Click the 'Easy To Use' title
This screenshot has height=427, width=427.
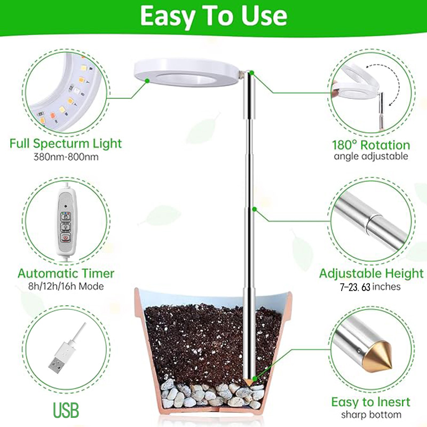click(x=213, y=17)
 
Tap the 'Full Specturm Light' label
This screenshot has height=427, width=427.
click(x=66, y=144)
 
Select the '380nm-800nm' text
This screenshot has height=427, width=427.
click(x=66, y=157)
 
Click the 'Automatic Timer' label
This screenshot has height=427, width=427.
click(x=66, y=273)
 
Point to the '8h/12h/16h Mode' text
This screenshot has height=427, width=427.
click(x=66, y=287)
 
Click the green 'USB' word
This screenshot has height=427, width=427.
click(x=66, y=410)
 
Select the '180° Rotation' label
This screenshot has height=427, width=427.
click(x=371, y=145)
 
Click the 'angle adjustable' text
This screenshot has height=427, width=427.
click(x=371, y=156)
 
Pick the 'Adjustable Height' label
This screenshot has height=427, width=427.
click(x=371, y=274)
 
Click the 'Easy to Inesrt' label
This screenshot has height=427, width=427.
click(x=371, y=402)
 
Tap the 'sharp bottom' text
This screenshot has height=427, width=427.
click(x=371, y=415)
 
